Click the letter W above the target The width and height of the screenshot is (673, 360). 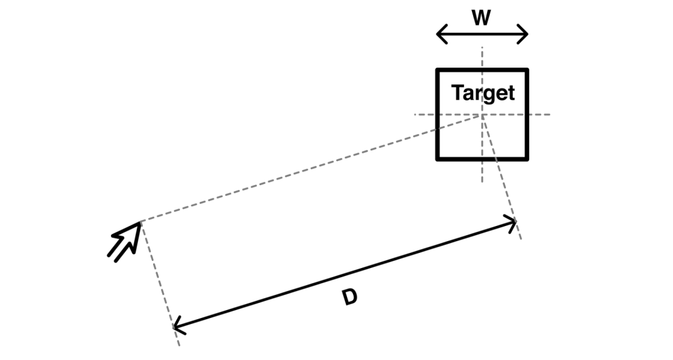(x=482, y=18)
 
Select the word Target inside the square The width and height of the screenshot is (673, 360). (x=483, y=93)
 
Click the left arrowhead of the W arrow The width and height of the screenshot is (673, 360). (x=439, y=34)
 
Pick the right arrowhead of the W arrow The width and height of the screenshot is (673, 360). (x=526, y=34)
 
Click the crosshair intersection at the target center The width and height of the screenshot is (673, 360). (x=482, y=114)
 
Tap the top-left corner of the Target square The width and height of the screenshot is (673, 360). (x=438, y=70)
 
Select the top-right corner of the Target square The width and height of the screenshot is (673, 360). (x=527, y=70)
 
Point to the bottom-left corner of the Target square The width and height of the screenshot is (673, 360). (x=438, y=159)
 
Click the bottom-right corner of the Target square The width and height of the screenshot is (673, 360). (x=527, y=159)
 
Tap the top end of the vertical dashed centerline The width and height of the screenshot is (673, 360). (x=482, y=47)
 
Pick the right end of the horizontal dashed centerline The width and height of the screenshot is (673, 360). (x=549, y=114)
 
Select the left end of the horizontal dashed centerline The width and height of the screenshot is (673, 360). (x=414, y=114)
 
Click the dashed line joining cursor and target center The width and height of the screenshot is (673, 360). (x=309, y=168)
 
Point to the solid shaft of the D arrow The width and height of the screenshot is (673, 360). (x=345, y=274)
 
